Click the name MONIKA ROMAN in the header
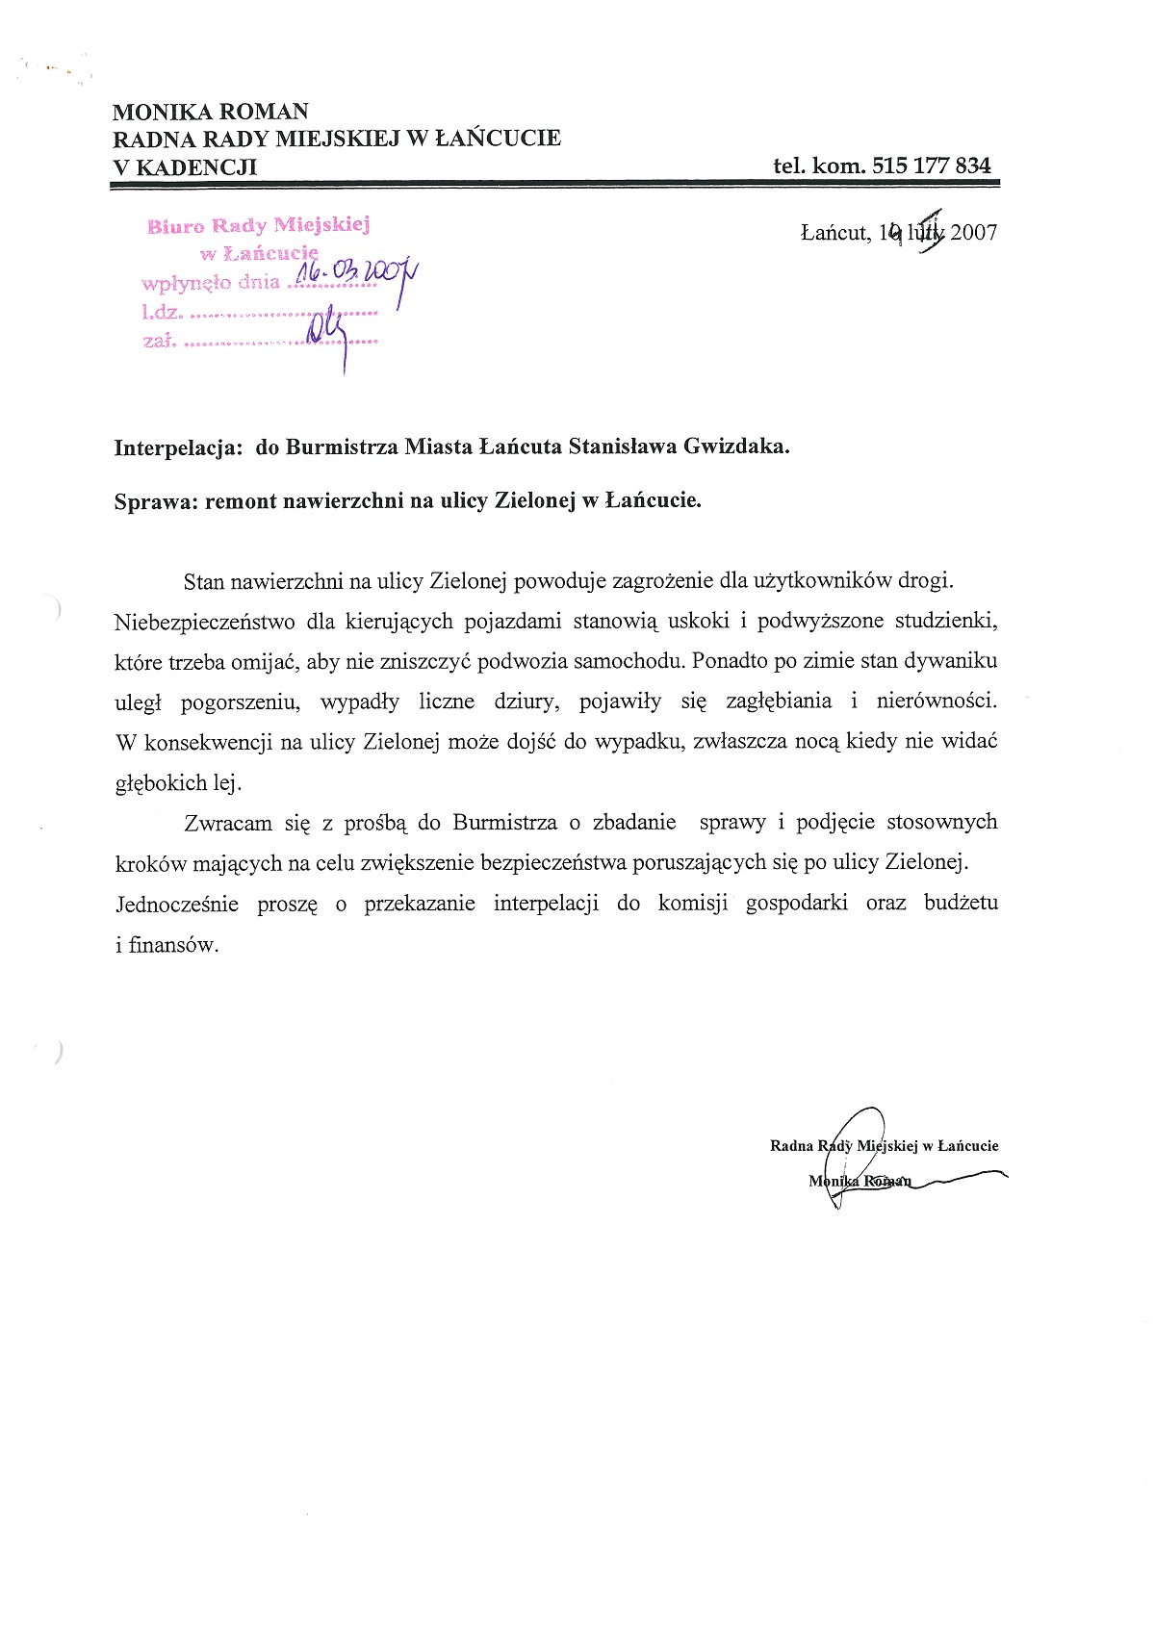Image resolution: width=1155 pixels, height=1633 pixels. point(211,112)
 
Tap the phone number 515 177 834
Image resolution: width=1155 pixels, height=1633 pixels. point(931,166)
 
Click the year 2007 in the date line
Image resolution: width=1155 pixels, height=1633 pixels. point(974,232)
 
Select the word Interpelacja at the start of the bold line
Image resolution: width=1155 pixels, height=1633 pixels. point(178,447)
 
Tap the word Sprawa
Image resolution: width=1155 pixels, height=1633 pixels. point(155,501)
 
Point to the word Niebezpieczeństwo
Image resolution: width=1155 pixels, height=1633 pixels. point(204,621)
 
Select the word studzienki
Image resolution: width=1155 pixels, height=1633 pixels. point(946,621)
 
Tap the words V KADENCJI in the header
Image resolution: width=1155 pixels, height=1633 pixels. point(185,166)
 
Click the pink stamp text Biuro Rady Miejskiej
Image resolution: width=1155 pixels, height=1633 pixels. point(258,226)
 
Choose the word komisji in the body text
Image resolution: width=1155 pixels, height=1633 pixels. point(693,904)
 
